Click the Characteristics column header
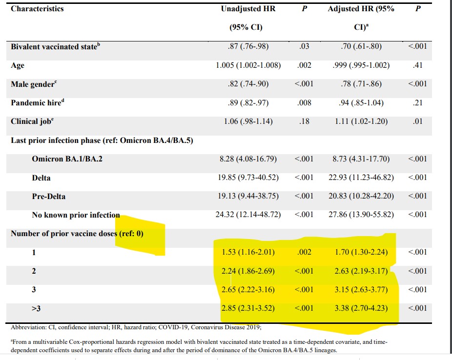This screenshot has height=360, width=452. click(x=38, y=9)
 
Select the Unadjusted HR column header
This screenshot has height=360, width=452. click(x=248, y=9)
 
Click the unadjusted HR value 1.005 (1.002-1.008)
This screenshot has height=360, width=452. click(x=248, y=66)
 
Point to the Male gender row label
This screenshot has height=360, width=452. click(x=33, y=84)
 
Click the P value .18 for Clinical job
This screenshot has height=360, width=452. click(x=304, y=121)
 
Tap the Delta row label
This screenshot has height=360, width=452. click(x=41, y=178)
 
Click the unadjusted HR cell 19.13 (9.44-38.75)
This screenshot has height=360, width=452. click(x=248, y=197)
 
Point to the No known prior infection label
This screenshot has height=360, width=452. click(x=76, y=215)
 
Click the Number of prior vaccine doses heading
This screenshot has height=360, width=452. click(x=77, y=234)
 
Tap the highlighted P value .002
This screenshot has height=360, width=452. click(x=304, y=252)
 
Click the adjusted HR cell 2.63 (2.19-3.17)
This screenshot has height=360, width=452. click(x=362, y=271)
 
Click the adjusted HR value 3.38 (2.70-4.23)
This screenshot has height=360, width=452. click(x=362, y=308)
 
